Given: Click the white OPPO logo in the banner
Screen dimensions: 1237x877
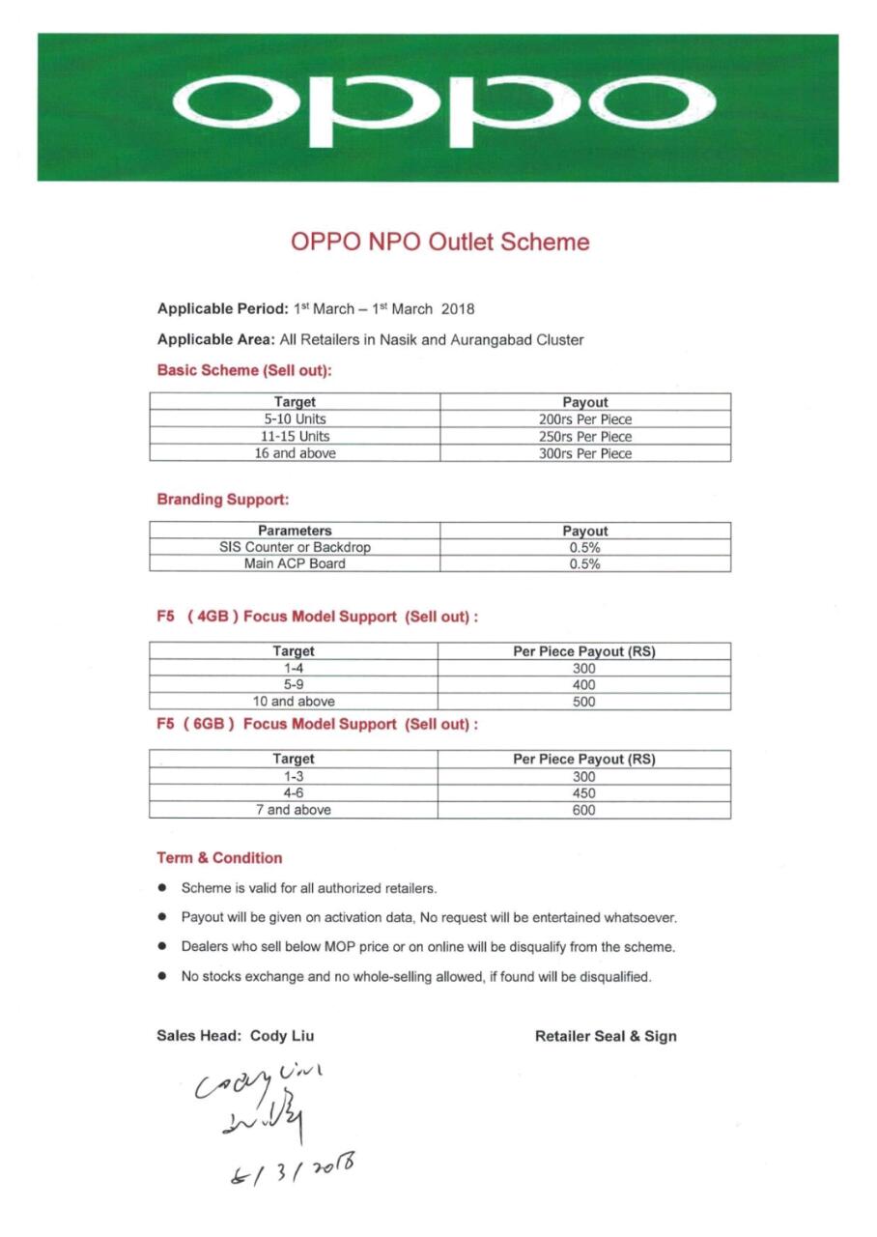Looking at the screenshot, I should tap(444, 106).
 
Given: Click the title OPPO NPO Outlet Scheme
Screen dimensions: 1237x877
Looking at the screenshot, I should tap(439, 242).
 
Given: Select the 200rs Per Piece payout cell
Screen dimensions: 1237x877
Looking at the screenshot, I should tap(584, 419).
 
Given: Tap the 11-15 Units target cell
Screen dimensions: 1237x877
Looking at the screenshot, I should tap(295, 437).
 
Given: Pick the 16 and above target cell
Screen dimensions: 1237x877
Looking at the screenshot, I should tap(295, 453).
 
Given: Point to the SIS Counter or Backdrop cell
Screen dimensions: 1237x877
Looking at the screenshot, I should tap(295, 548).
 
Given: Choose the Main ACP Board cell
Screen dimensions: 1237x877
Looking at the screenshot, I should tap(295, 564).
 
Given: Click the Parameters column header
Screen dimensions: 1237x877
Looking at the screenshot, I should tap(295, 531).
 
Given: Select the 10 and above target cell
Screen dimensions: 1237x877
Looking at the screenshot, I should tap(294, 702).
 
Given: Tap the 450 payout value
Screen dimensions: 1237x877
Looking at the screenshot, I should tap(583, 793).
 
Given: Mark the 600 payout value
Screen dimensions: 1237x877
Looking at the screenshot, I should tap(583, 811).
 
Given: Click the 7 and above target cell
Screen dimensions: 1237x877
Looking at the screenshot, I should tap(294, 811).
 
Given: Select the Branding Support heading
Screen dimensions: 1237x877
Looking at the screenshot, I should tap(223, 500).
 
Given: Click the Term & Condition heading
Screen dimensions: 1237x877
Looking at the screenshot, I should tap(219, 858).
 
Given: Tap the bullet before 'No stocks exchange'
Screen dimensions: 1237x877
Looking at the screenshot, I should tap(163, 977).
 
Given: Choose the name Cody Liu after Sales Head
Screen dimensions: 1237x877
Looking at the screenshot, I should tap(282, 1036).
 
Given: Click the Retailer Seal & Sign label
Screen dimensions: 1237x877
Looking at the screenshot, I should tap(606, 1037).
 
